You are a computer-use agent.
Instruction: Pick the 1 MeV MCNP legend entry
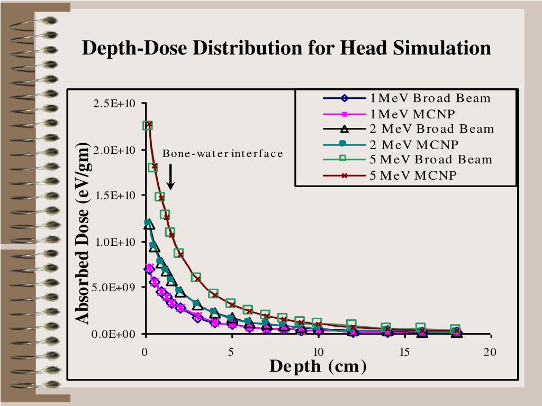(x=412, y=113)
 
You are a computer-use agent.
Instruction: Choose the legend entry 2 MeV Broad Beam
(x=432, y=128)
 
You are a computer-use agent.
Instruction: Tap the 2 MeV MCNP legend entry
(x=414, y=144)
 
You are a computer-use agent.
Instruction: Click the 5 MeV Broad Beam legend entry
(x=431, y=159)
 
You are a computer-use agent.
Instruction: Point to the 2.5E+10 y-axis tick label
(x=115, y=104)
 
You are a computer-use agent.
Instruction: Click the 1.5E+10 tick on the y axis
(x=115, y=196)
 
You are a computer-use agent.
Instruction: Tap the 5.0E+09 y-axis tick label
(x=115, y=288)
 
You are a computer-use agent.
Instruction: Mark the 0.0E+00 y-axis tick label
(x=115, y=334)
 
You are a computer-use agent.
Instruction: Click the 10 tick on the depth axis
(x=318, y=352)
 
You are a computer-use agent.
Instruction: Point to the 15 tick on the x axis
(x=405, y=352)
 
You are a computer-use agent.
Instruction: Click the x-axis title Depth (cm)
(x=318, y=366)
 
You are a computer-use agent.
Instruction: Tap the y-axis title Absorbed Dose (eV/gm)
(x=83, y=233)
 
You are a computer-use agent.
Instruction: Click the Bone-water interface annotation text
(x=222, y=154)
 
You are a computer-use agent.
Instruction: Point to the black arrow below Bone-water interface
(x=170, y=177)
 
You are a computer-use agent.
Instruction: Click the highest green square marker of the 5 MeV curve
(x=148, y=125)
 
